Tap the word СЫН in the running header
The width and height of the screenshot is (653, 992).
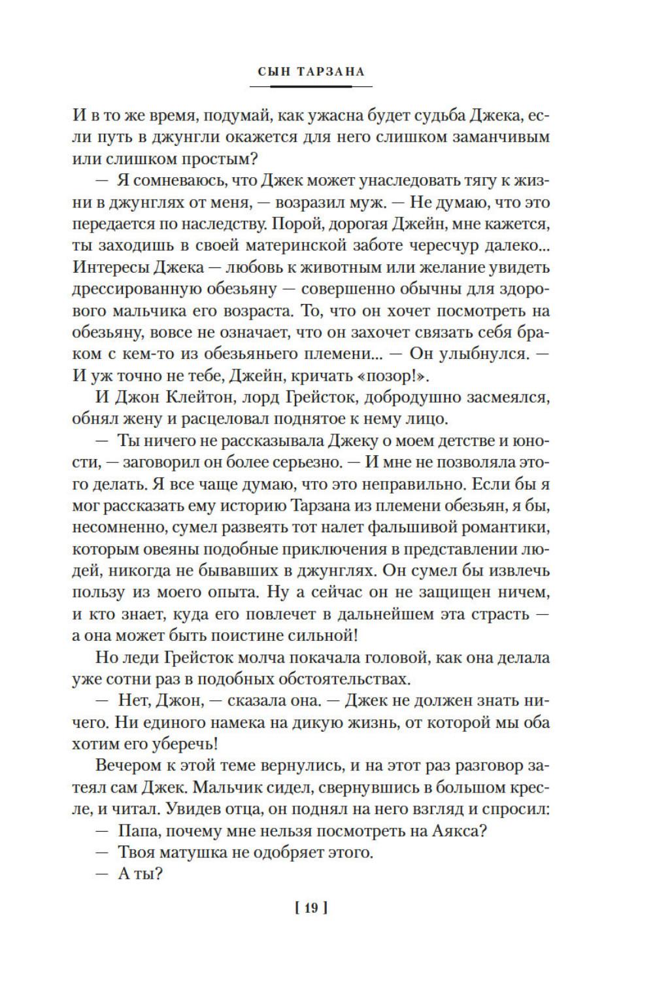[273, 72]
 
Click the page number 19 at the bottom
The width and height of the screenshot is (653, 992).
[310, 908]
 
